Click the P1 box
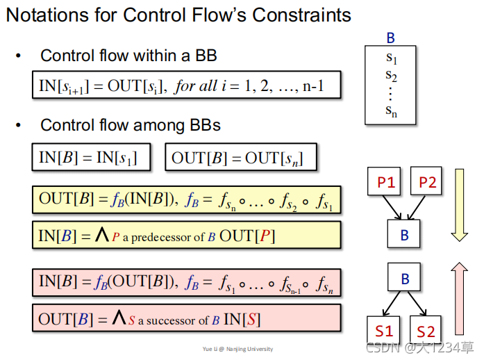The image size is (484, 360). [x=385, y=183]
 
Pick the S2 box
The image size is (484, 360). [x=426, y=330]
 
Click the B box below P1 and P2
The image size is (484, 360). [x=405, y=235]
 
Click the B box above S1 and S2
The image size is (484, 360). [x=405, y=279]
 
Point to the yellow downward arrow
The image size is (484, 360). [x=460, y=206]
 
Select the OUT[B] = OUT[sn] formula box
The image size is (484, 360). [x=242, y=158]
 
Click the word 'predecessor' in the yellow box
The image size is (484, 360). [x=164, y=238]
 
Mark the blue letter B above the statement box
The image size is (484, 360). [x=390, y=39]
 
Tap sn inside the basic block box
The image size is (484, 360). [x=391, y=110]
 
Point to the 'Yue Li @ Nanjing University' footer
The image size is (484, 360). [x=237, y=349]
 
